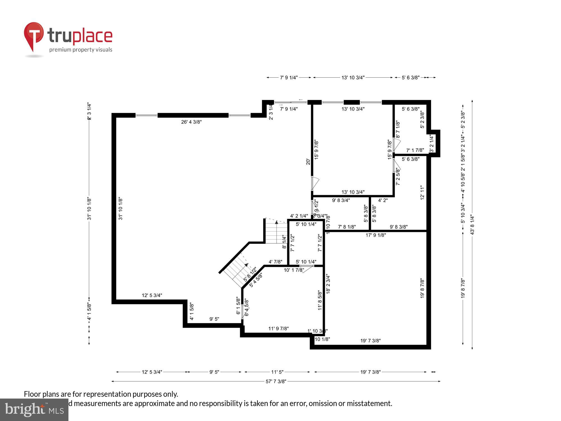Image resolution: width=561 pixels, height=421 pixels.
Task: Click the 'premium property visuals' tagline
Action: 81,50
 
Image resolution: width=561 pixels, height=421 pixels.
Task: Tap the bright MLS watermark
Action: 34,410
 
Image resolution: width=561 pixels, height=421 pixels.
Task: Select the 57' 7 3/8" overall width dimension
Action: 276,381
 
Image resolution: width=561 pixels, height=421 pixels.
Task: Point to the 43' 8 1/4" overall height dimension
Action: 472,225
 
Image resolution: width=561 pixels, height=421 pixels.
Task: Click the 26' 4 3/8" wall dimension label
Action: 191,122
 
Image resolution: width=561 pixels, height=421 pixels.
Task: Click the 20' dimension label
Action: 308,162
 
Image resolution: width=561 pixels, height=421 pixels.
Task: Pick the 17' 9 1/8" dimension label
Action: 376,235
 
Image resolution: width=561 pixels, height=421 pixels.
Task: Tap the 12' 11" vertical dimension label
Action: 422,192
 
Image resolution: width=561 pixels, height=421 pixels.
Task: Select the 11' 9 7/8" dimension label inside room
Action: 278,328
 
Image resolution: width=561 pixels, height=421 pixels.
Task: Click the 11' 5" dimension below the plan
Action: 277,372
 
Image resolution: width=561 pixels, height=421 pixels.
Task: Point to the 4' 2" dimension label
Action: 383,200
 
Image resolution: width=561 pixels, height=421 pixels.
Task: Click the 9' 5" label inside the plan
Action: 214,319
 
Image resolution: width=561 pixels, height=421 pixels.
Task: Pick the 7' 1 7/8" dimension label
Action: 415,150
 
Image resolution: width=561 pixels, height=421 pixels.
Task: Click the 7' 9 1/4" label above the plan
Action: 289,77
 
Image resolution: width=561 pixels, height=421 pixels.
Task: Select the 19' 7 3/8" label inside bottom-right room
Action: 370,341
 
